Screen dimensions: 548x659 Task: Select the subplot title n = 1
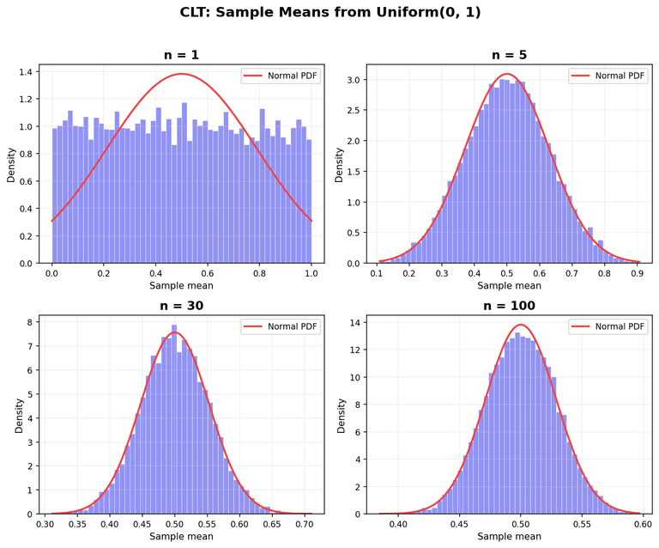(x=181, y=55)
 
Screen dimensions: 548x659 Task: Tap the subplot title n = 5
(x=510, y=55)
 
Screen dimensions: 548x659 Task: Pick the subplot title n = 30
(x=181, y=306)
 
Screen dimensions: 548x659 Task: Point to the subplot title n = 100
(x=510, y=306)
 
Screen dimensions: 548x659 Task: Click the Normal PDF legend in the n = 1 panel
(x=281, y=76)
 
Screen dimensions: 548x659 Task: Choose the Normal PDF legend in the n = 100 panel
(x=608, y=326)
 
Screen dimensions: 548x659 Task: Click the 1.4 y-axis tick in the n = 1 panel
(x=25, y=71)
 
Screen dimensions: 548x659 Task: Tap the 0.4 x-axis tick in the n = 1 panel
(x=155, y=273)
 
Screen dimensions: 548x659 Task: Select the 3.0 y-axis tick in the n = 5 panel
(x=353, y=80)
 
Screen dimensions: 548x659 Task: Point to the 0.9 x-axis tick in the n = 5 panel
(x=636, y=273)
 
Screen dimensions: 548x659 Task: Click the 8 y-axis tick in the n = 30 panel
(x=28, y=323)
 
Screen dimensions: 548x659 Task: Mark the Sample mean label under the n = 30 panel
(x=181, y=537)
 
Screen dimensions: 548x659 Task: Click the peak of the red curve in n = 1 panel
(x=181, y=74)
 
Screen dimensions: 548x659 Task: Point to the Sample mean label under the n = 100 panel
(x=510, y=537)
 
